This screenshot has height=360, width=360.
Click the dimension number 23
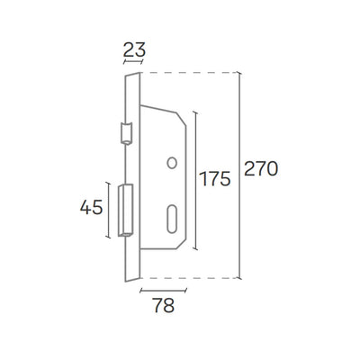tap(134, 49)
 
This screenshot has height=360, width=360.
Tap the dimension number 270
tap(261, 168)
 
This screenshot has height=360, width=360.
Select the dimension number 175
tap(215, 179)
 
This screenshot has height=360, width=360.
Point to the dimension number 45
tap(92, 207)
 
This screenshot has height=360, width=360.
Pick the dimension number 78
tap(164, 305)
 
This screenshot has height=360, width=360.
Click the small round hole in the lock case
tap(172, 163)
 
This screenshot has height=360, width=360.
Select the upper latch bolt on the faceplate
tap(126, 133)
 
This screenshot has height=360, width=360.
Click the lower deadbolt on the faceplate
tap(125, 211)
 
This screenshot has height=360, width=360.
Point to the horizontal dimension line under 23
tap(133, 62)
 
